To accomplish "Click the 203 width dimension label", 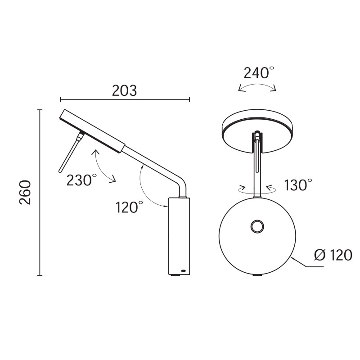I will [124, 90].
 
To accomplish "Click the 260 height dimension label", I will [26, 192].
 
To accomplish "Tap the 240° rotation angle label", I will [258, 72].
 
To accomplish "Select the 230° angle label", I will [81, 180].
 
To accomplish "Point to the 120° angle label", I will [129, 207].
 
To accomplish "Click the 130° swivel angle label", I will [298, 184].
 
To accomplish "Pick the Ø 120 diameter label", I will [333, 256].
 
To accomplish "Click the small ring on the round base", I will [257, 227].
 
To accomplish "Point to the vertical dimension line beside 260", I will [40, 192].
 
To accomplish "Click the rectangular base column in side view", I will [179, 236].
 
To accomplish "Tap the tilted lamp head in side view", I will [91, 131].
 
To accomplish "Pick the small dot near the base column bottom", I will [183, 270].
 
